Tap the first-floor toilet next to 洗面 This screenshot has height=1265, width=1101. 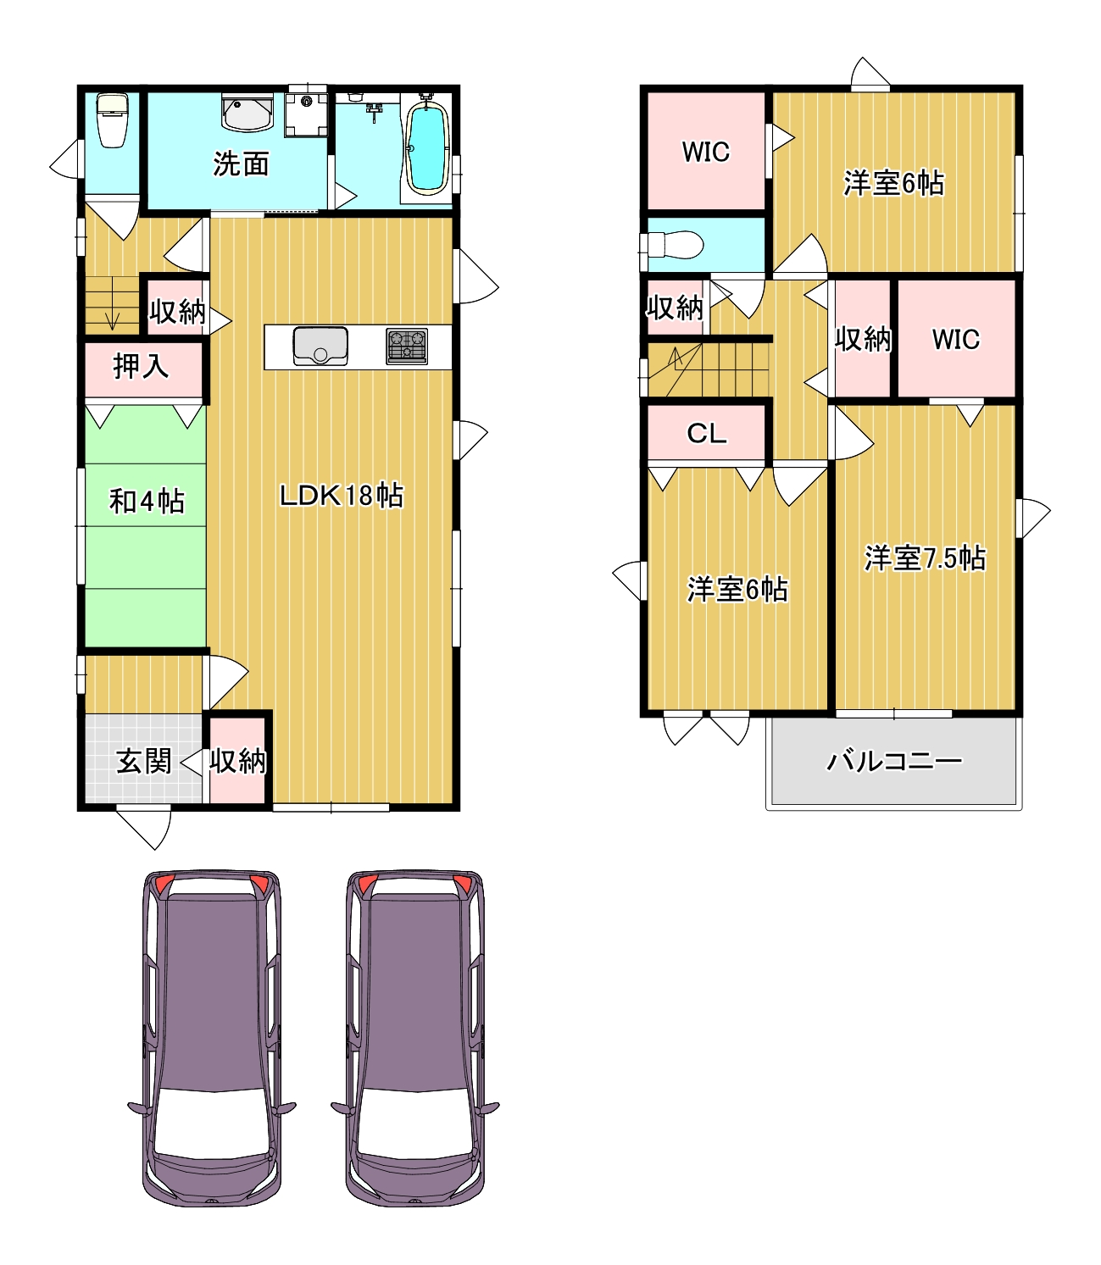112,120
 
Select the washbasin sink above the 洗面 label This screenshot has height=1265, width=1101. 247,113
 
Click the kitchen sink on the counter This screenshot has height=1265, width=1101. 320,347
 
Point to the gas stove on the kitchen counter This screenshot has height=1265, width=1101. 407,346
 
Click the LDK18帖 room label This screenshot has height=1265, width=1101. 342,496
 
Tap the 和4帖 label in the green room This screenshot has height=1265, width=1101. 147,501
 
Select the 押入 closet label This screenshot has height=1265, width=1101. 141,367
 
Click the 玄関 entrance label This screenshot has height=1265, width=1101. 144,761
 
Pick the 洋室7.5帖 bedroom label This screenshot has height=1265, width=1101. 925,558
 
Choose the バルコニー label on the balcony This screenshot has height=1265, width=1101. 894,761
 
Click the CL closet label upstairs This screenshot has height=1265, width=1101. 706,434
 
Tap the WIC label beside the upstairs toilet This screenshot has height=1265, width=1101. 706,153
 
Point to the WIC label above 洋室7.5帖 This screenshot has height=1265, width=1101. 956,340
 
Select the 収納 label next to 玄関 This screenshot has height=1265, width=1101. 238,761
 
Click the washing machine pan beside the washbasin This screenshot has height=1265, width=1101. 306,115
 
